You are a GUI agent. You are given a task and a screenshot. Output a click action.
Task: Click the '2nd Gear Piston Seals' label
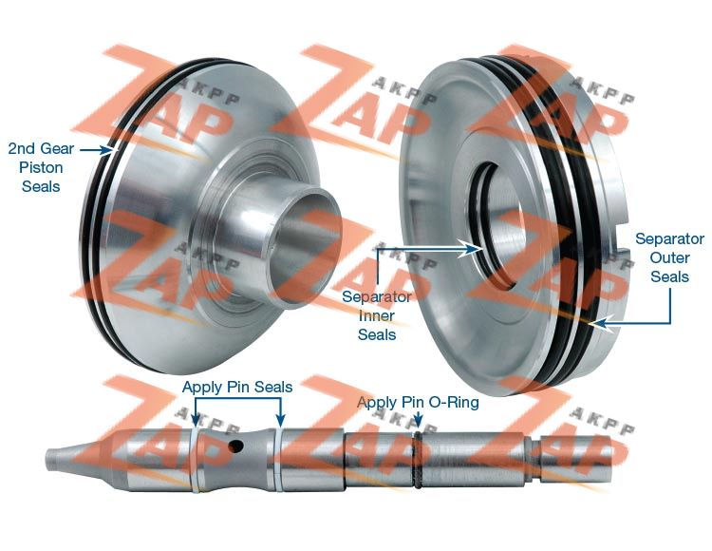(x=41, y=167)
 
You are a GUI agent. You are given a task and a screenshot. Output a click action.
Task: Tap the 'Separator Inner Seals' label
(x=377, y=315)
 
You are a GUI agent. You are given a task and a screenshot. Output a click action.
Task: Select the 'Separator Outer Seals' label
(x=670, y=257)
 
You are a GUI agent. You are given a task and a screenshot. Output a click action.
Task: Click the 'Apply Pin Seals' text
(x=237, y=387)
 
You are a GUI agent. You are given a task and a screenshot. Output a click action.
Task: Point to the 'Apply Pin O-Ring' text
(x=418, y=402)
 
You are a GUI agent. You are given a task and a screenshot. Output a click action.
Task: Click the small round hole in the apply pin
(x=235, y=446)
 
